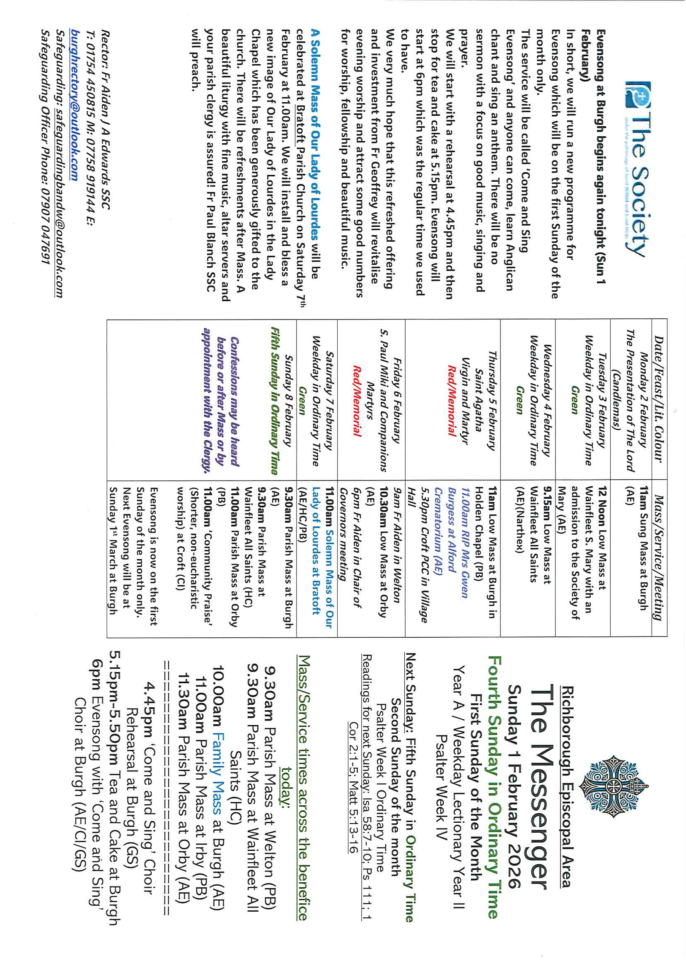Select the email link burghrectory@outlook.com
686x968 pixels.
(x=74, y=104)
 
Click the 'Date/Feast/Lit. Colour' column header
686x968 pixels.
(x=659, y=399)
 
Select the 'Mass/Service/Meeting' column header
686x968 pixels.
(x=659, y=557)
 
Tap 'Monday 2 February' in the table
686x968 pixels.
(x=643, y=399)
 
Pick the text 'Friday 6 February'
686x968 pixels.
(x=397, y=399)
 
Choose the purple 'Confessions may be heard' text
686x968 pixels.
(x=235, y=401)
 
